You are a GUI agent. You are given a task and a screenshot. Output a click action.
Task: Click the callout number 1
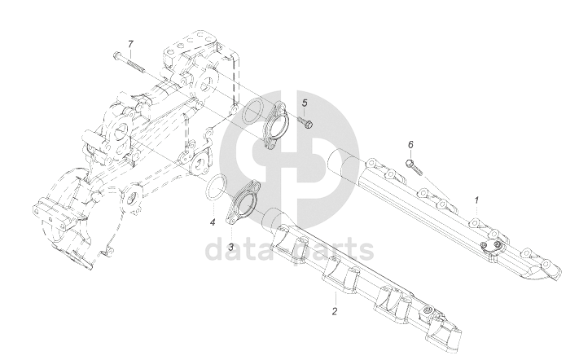coord(477,199)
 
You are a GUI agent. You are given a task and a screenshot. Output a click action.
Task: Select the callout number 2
coord(333,311)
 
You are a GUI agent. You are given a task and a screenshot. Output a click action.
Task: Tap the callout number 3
coord(230,246)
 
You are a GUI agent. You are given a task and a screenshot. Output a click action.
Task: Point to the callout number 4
coord(211,222)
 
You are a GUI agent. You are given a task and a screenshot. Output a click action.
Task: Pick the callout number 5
coord(305,103)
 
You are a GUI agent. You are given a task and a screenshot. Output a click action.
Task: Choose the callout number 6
coord(410,144)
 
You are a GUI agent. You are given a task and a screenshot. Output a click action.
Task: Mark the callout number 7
coord(129,42)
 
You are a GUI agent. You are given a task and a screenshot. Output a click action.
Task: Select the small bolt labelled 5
coord(306,123)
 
